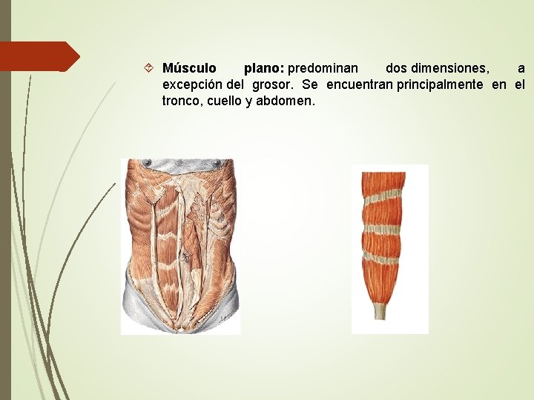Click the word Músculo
(x=189, y=69)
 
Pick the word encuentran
(x=360, y=85)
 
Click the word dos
(x=397, y=69)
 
